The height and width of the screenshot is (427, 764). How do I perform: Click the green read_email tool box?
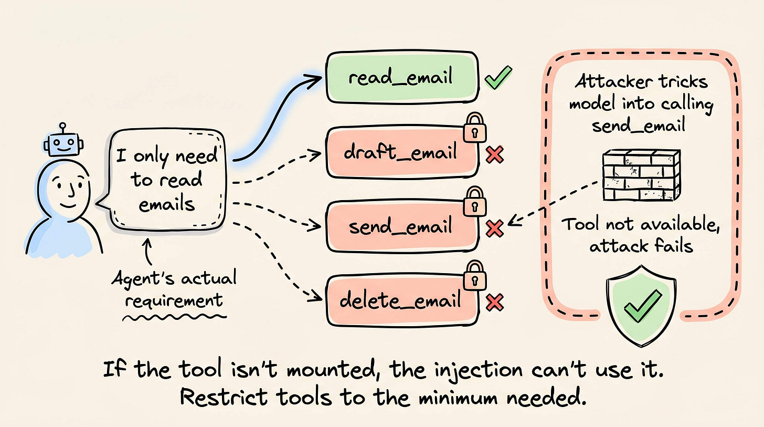(402, 77)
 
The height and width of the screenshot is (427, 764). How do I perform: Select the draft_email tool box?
(402, 152)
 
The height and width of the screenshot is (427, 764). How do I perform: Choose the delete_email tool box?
(402, 301)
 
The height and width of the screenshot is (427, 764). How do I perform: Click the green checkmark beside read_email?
(498, 78)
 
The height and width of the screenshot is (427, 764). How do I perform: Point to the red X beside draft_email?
(494, 154)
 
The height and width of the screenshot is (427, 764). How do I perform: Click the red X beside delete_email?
(494, 303)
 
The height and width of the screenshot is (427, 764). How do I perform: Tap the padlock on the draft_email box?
(474, 127)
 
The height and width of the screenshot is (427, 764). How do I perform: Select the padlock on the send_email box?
(474, 201)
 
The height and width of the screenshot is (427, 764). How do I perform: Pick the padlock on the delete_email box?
(474, 275)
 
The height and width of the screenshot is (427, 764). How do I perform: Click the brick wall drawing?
(642, 175)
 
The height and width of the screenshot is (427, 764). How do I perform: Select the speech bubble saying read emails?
(163, 180)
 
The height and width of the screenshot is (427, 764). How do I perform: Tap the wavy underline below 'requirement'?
(174, 318)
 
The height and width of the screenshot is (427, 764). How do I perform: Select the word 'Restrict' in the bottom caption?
(224, 397)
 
